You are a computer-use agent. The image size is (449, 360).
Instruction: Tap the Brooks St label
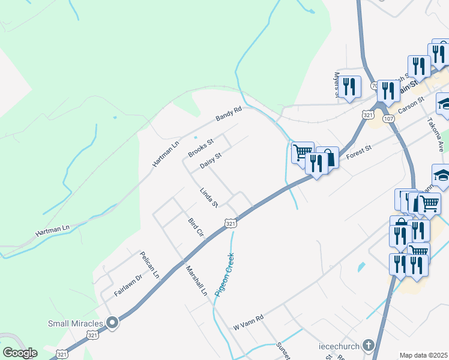click(200, 148)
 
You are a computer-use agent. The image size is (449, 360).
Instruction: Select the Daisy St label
click(211, 160)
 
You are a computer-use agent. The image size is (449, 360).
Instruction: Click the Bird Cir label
click(197, 229)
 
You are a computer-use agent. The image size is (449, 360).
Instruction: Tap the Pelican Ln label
click(149, 265)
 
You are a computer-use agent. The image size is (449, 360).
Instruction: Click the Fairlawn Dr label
click(128, 286)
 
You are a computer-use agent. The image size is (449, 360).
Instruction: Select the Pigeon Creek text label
click(225, 275)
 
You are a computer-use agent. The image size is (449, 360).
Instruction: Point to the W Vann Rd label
click(249, 322)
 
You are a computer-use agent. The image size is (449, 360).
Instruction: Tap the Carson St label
click(412, 106)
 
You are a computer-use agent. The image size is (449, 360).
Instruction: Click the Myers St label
click(337, 84)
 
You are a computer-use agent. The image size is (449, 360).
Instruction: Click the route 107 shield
click(388, 119)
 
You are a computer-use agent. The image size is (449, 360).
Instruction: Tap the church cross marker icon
click(368, 346)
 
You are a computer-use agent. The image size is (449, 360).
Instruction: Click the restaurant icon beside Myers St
click(349, 86)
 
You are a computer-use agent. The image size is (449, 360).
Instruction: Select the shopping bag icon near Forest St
click(328, 158)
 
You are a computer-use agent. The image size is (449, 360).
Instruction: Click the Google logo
click(20, 353)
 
